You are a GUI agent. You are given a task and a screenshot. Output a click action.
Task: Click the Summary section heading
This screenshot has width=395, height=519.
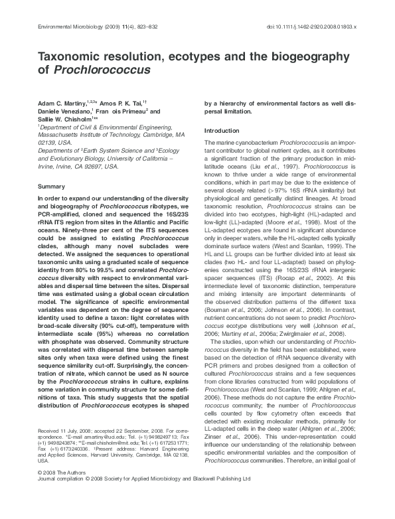point(51,186)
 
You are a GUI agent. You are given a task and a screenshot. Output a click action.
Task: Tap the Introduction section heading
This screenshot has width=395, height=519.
point(221,131)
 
